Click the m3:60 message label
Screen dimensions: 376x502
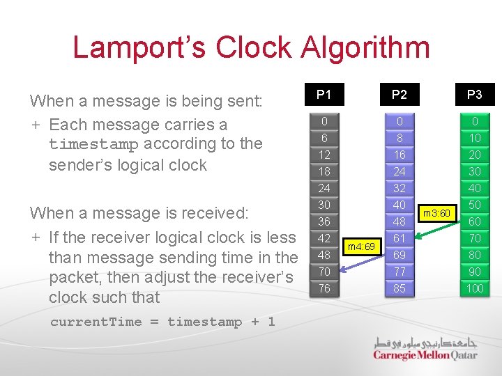coord(437,212)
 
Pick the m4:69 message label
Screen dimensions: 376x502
coord(361,246)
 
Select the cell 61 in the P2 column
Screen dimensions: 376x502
coord(400,238)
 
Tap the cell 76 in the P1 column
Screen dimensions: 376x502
coord(324,288)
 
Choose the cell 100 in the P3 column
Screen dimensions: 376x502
coord(474,288)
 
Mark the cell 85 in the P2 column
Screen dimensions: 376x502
coord(400,288)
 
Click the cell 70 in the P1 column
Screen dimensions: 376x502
coord(324,272)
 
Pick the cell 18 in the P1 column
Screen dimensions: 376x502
coord(324,171)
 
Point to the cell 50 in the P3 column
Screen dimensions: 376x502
coord(474,205)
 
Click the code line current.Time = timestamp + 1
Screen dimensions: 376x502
coord(162,322)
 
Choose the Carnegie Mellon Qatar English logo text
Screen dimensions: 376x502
coord(425,355)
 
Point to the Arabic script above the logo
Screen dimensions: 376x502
coord(426,342)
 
